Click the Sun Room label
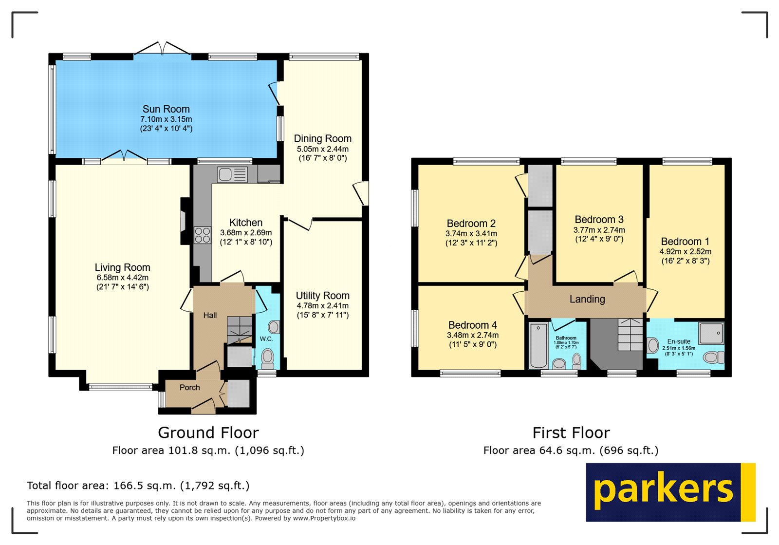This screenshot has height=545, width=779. coord(166,109)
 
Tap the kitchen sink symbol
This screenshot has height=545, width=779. coord(232,174)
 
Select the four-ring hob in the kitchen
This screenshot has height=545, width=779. coord(203,235)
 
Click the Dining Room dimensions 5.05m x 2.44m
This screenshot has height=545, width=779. coord(322,149)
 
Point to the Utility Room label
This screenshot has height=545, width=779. coord(322,296)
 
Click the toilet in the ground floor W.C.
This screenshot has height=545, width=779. coord(267,358)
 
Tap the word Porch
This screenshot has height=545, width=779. coord(189,388)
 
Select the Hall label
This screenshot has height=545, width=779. coord(210,316)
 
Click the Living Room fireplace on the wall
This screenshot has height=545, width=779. coord(184,221)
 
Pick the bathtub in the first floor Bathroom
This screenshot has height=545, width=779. coord(538,345)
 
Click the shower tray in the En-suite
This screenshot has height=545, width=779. coord(711,334)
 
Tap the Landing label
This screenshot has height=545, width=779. coord(587,300)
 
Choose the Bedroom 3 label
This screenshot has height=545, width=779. coord(599,220)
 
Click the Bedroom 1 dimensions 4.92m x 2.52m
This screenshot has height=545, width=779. coord(685,252)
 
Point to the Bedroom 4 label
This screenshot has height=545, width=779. coord(472,325)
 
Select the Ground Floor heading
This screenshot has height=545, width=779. coord(208,432)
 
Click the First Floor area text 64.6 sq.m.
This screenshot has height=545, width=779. coord(571,451)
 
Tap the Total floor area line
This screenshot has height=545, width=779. coord(138,486)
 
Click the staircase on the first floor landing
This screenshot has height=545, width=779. coord(630,335)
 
